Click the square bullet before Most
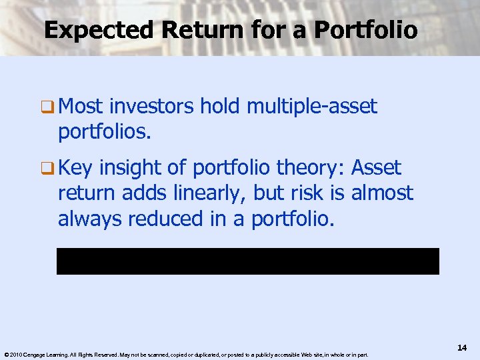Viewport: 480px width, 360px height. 49,107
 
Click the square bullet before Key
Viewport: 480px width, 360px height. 49,167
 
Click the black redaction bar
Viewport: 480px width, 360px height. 247,261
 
